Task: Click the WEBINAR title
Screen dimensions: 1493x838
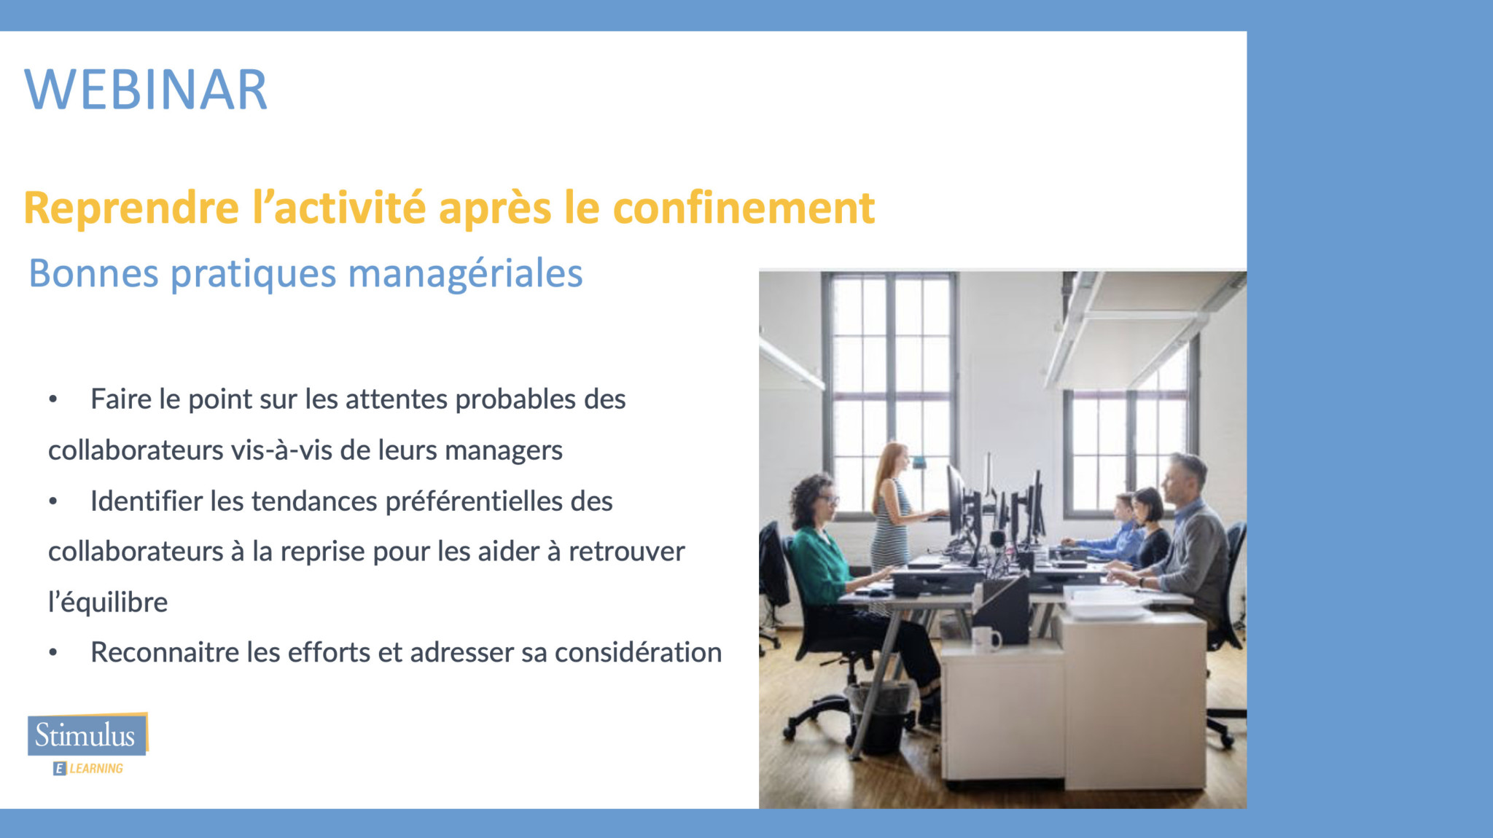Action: click(x=146, y=90)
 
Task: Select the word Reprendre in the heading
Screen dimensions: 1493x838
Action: click(x=131, y=209)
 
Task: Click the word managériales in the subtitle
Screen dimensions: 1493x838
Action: click(x=465, y=275)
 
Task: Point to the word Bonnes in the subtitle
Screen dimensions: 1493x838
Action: click(x=93, y=273)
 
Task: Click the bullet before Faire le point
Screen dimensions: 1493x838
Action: click(x=52, y=399)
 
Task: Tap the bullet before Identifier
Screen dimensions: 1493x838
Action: click(x=52, y=501)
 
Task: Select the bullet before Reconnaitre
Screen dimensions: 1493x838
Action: click(x=52, y=652)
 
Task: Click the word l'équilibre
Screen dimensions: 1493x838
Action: click(x=108, y=603)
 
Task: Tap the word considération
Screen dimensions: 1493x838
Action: click(x=638, y=652)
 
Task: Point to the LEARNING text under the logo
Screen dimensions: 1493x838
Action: click(x=96, y=768)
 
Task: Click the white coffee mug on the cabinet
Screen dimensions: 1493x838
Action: click(x=986, y=639)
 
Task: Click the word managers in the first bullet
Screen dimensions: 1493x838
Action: click(x=504, y=451)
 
